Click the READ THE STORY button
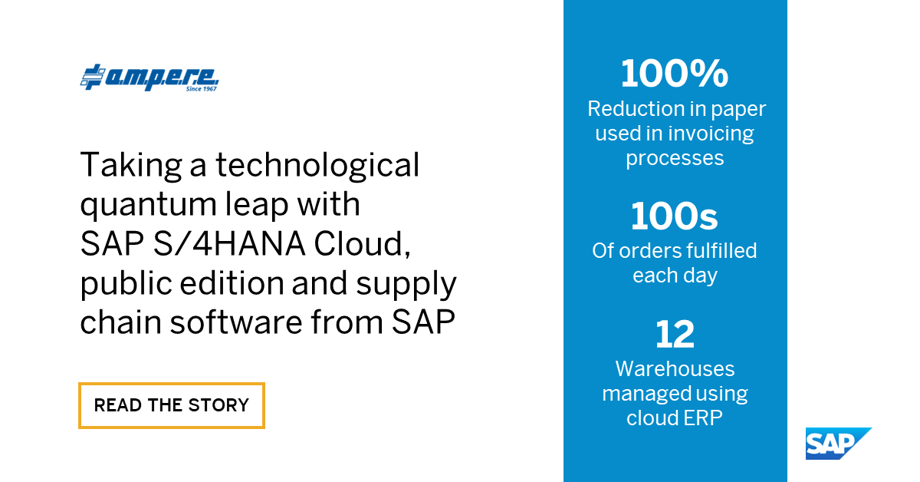tap(172, 404)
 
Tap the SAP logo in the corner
tap(838, 444)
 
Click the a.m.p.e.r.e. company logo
tap(150, 78)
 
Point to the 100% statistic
tap(675, 74)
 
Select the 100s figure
tap(675, 217)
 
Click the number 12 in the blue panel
tap(675, 335)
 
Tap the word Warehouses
tap(675, 369)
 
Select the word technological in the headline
tap(317, 166)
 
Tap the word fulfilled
tap(720, 251)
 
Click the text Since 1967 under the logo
tap(202, 89)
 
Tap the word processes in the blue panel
tap(675, 158)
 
